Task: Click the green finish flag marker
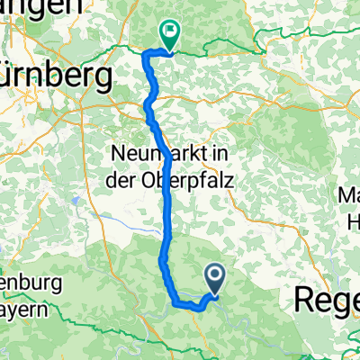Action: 168,32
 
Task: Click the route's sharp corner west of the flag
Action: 147,55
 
